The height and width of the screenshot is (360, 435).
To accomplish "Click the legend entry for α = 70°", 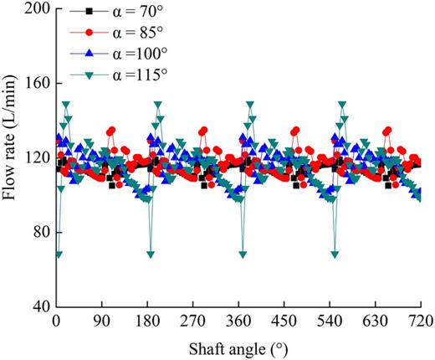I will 117,14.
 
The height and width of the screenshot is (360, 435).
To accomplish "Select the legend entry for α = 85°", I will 117,33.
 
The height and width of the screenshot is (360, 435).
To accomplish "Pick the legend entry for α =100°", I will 117,53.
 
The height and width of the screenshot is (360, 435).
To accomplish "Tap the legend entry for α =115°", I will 117,72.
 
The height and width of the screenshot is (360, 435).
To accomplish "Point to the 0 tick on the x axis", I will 56,321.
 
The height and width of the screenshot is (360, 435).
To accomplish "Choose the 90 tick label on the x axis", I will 102,321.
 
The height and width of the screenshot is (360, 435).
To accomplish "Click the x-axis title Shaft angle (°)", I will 238,345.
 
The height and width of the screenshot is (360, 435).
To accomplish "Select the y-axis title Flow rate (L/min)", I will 12,157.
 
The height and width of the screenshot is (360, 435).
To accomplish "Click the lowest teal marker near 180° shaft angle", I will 151,254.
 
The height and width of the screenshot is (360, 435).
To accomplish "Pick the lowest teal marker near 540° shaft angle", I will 335,254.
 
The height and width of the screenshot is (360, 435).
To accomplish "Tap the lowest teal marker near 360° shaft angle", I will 243,254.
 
